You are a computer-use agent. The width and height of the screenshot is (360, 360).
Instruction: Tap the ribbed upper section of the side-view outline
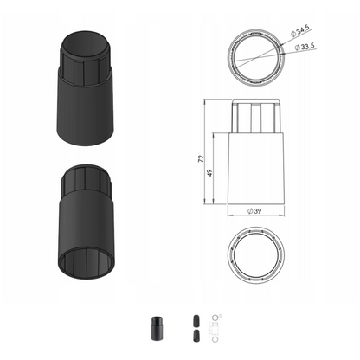pos(256,116)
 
